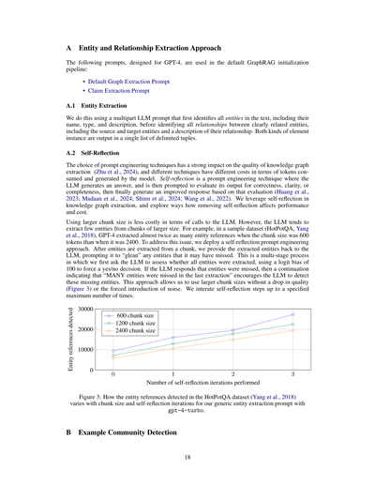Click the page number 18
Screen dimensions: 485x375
[x=187, y=458]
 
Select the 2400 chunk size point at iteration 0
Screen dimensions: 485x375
[x=112, y=358]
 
